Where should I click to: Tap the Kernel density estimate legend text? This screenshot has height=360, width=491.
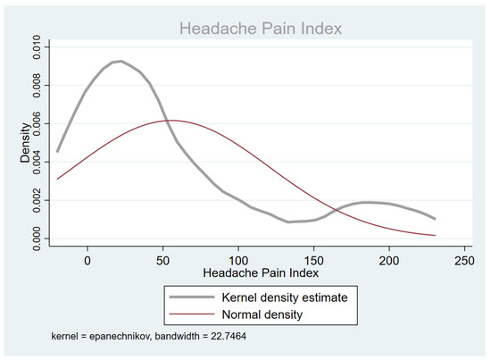278,295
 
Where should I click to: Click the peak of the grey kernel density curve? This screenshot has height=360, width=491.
119,61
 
